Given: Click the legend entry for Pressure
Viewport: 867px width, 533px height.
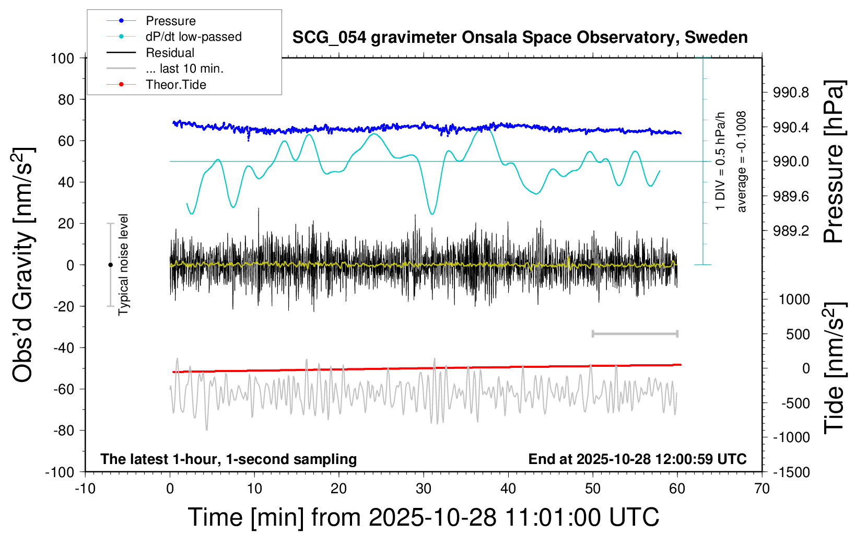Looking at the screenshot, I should [170, 21].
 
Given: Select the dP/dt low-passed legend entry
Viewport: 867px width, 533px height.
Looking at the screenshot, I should [193, 37].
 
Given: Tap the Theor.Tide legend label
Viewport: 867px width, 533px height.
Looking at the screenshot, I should [176, 85].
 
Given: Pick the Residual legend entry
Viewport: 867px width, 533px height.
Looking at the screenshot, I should [170, 53].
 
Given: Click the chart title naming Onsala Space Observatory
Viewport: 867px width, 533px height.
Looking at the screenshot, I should [520, 38].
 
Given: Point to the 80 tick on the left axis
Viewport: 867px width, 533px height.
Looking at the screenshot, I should [66, 99].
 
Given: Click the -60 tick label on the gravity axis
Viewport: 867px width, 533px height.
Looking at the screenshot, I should [63, 389].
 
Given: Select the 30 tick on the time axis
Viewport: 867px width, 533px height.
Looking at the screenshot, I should [424, 489].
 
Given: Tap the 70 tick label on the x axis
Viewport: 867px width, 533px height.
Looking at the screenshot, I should [762, 489].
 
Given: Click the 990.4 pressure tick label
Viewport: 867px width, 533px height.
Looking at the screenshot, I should [791, 127].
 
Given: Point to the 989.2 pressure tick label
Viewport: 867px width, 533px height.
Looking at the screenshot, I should [791, 230].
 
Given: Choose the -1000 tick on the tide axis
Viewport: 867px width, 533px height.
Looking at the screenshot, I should [792, 437].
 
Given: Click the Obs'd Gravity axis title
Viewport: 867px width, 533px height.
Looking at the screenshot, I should [24, 265].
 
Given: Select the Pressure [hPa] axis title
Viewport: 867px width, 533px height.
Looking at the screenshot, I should [834, 162].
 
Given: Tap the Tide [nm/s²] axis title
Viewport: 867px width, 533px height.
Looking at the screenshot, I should [835, 368].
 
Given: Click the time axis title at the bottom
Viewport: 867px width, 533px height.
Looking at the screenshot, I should [424, 517].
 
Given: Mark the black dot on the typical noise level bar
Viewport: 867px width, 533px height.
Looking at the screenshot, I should [110, 265].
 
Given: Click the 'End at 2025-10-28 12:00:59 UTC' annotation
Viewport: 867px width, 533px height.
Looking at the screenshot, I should [637, 459].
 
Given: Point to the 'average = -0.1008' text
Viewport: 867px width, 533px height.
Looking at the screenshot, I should [742, 162].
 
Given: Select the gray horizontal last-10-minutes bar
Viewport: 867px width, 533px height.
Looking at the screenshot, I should [635, 333].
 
